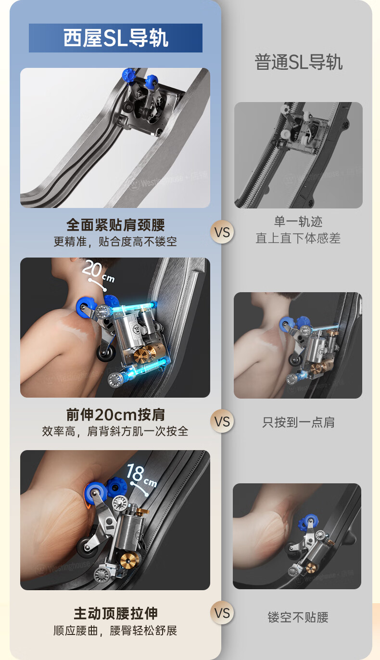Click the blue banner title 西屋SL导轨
[x=115, y=38]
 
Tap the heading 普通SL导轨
[x=298, y=62]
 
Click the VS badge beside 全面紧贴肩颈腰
[x=222, y=232]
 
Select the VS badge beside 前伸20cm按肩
[x=222, y=421]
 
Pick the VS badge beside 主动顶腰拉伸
[x=222, y=613]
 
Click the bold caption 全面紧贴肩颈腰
[x=115, y=225]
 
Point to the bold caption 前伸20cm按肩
[x=115, y=415]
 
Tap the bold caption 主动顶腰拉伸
[x=115, y=614]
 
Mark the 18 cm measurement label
[x=141, y=474]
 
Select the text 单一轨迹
[x=298, y=221]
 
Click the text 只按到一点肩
[x=298, y=422]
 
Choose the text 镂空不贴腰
[x=298, y=617]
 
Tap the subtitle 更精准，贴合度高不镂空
[x=115, y=242]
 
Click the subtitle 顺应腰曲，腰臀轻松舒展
[x=115, y=631]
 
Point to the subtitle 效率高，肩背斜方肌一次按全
[x=115, y=431]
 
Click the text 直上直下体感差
[x=298, y=238]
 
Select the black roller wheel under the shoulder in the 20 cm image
[x=106, y=354]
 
